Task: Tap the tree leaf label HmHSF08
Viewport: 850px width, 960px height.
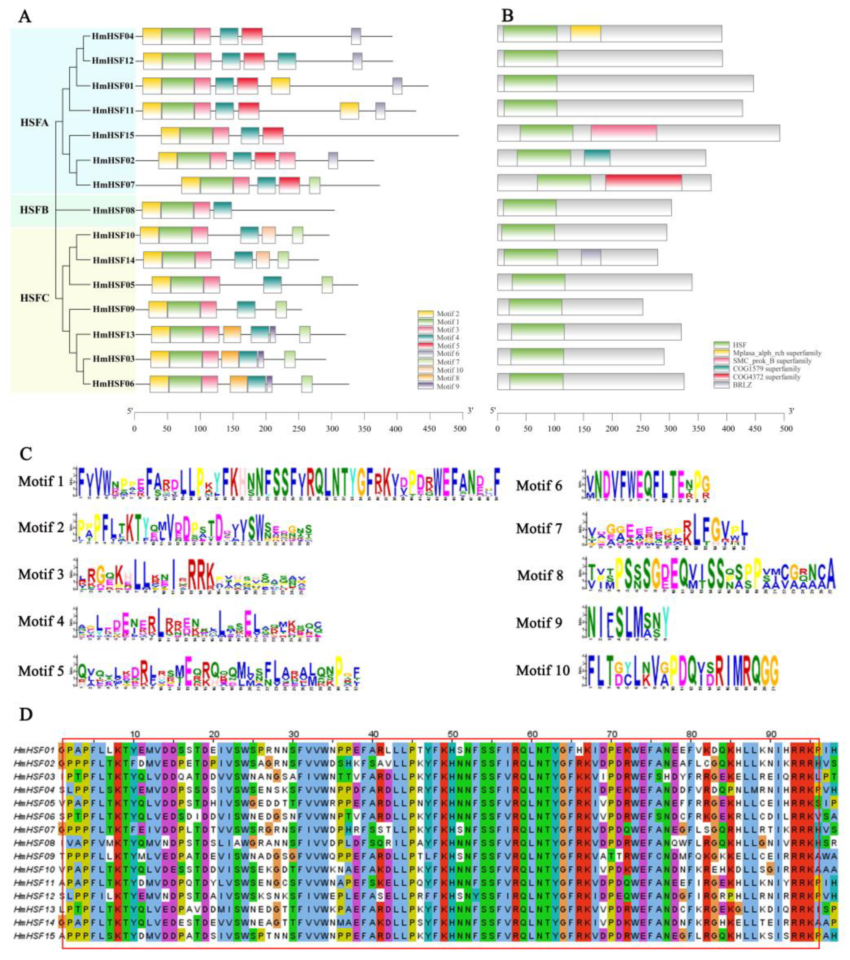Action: tap(114, 210)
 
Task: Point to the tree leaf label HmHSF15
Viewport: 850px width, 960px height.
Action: tap(113, 135)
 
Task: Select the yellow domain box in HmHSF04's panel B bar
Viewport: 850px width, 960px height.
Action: tap(585, 34)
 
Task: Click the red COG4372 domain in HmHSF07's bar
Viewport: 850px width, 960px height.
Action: tap(643, 183)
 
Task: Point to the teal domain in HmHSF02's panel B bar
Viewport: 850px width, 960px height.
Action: tap(596, 158)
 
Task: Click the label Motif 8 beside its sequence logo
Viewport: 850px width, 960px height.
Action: tap(540, 575)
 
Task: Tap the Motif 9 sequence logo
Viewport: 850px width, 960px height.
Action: tap(628, 622)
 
